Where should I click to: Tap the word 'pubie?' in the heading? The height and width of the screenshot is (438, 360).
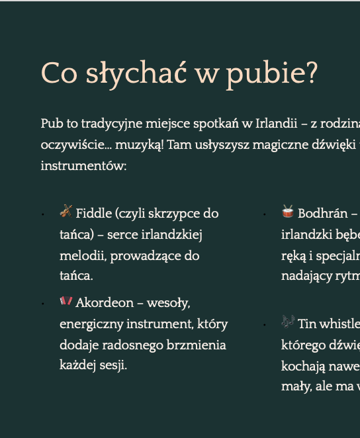pyautogui.click(x=271, y=75)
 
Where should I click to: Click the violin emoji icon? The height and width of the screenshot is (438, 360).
pyautogui.click(x=66, y=212)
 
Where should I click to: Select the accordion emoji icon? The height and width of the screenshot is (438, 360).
pyautogui.click(x=66, y=302)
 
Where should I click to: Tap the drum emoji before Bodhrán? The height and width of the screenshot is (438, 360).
pyautogui.click(x=288, y=212)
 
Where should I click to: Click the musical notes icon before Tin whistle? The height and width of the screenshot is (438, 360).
pyautogui.click(x=288, y=322)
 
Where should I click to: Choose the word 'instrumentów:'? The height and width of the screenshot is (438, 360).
pyautogui.click(x=83, y=166)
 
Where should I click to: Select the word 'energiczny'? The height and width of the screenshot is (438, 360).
pyautogui.click(x=87, y=324)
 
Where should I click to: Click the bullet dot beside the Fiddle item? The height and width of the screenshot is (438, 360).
pyautogui.click(x=43, y=214)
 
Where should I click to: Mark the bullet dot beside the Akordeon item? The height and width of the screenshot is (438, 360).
pyautogui.click(x=43, y=304)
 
